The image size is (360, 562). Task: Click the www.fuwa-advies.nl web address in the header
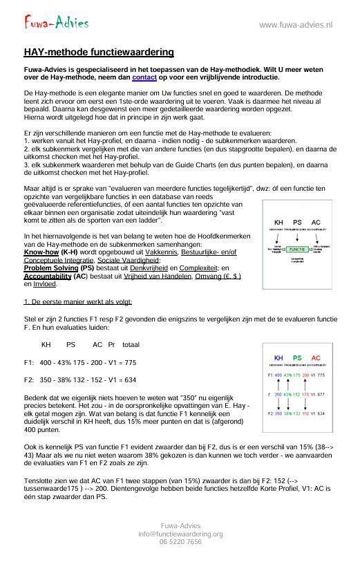[296, 25]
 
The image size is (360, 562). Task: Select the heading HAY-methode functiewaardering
[99, 53]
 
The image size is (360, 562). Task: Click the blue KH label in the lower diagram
[279, 358]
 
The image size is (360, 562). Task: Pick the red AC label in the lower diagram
[316, 358]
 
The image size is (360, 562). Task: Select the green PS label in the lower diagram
[297, 358]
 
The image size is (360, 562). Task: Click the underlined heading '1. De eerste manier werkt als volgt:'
[78, 301]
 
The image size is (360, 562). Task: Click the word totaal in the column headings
[131, 344]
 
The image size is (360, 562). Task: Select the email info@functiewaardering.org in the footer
[180, 534]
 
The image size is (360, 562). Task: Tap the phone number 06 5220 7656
[180, 543]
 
